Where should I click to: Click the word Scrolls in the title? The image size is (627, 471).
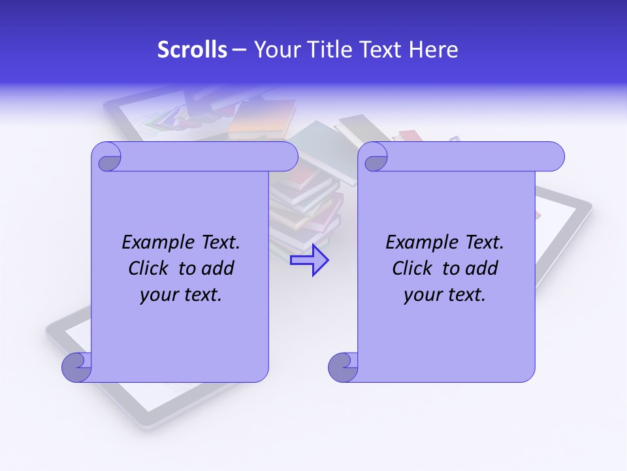click(x=192, y=50)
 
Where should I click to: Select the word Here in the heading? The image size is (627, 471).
click(x=434, y=50)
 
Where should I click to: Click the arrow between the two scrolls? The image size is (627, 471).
click(x=309, y=260)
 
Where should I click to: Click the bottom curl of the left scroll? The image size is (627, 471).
click(x=76, y=367)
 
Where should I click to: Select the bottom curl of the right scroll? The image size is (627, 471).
click(x=343, y=367)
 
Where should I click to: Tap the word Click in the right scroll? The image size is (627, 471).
click(x=413, y=268)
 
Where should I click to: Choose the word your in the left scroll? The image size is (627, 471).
click(x=159, y=295)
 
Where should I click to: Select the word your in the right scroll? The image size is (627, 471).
click(x=423, y=295)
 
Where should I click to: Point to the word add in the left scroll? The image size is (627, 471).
click(x=217, y=268)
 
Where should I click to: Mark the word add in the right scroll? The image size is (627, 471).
click(x=481, y=268)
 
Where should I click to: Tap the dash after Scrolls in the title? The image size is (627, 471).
click(x=239, y=50)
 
